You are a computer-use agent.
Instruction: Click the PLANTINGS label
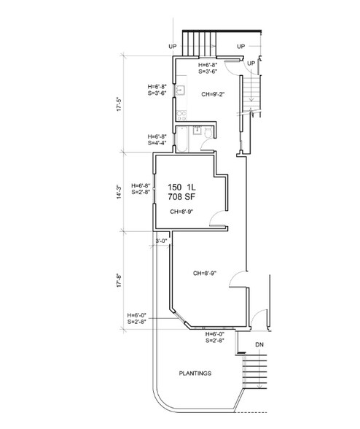click(x=195, y=373)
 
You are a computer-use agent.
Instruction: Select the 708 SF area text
click(x=186, y=196)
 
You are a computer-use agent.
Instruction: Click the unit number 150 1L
click(x=186, y=186)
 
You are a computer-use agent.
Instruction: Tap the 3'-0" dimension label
click(x=161, y=240)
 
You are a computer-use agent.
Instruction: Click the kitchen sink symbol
click(x=180, y=93)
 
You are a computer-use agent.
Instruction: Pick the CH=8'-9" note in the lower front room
click(x=208, y=274)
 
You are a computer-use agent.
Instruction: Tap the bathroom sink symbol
click(x=196, y=131)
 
